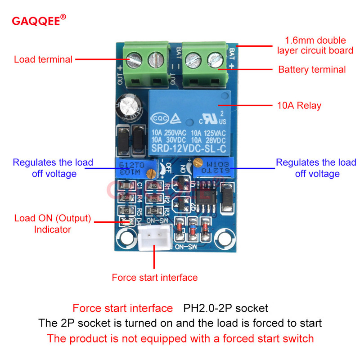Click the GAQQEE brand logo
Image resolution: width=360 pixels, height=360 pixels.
[x=39, y=21]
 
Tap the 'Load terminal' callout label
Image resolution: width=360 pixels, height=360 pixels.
[x=43, y=59]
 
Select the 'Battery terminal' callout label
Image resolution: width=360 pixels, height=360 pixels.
[x=312, y=69]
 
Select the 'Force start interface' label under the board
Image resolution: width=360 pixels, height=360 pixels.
[x=154, y=278]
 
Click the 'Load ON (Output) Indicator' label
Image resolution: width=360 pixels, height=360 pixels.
[x=53, y=224]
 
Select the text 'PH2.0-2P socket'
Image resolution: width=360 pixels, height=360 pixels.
[x=225, y=308]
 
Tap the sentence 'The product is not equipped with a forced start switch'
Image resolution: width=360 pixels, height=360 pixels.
[x=180, y=338]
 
